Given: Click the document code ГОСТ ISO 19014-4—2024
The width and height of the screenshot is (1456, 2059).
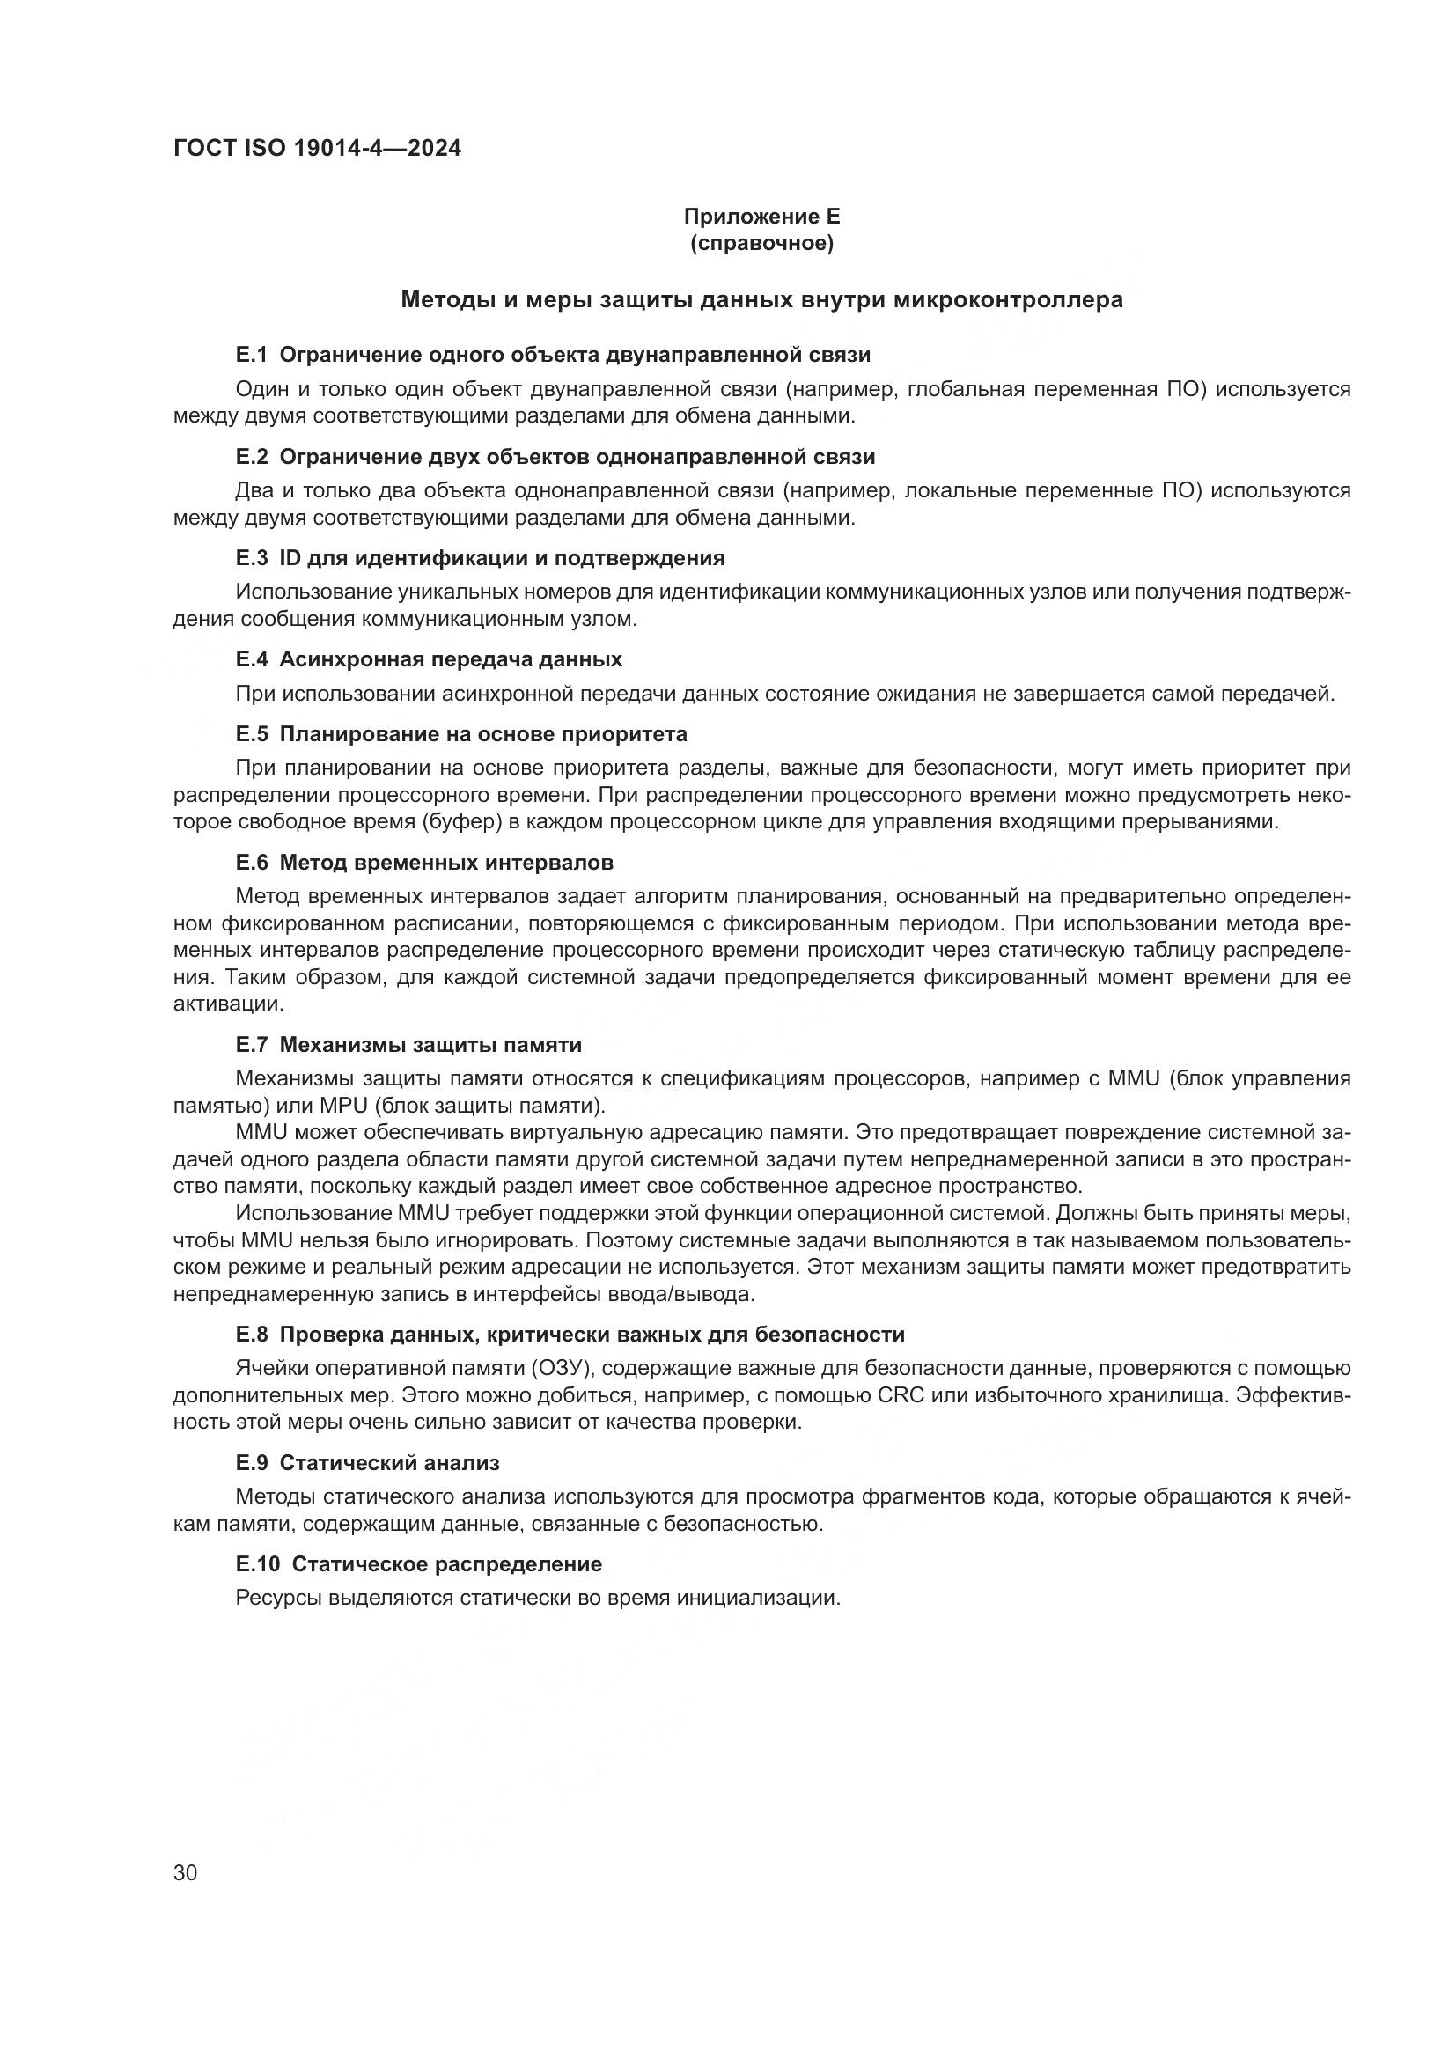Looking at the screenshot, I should [318, 149].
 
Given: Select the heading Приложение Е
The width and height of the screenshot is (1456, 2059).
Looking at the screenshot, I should [761, 217].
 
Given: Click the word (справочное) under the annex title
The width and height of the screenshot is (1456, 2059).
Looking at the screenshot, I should [761, 243].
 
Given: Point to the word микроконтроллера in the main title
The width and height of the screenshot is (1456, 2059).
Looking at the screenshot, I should [1008, 299].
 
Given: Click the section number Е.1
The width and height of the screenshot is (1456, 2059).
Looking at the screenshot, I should [252, 355].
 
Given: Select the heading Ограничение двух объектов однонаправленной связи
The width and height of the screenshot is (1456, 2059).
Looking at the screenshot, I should [577, 457].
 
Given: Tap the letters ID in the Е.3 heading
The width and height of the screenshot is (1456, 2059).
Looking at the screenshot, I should [290, 558].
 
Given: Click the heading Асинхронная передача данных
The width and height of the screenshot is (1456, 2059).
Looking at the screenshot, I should [451, 659].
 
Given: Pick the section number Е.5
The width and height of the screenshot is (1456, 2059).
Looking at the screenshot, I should [252, 733].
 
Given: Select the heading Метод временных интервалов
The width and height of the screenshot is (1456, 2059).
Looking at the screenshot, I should [446, 863].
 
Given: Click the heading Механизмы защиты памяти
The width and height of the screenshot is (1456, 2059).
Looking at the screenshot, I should [430, 1045].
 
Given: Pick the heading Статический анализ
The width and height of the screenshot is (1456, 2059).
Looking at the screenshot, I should [389, 1463].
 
